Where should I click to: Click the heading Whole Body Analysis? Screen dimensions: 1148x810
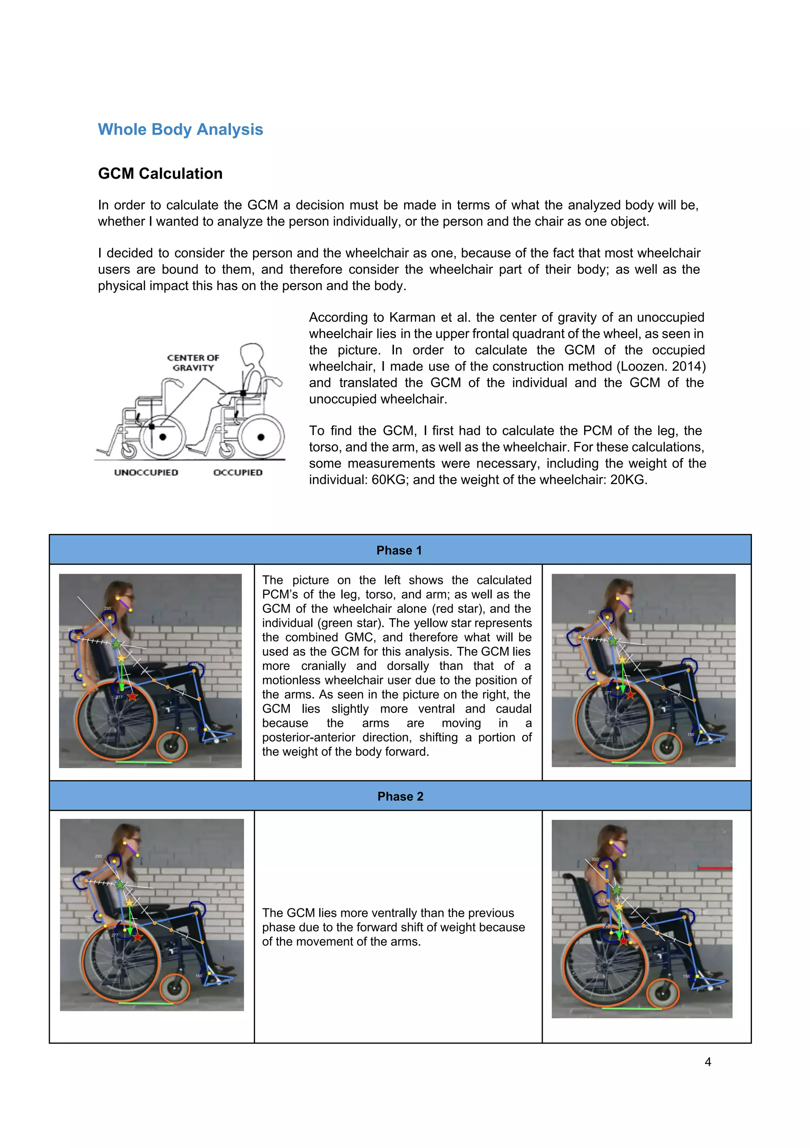click(180, 129)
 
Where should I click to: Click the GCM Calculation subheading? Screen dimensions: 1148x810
click(160, 173)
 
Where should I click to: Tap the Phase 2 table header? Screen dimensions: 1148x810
click(400, 796)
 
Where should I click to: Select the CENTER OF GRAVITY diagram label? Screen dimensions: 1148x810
click(193, 363)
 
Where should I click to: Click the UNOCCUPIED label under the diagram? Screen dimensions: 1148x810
click(146, 473)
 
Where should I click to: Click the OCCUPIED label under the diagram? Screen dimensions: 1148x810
click(238, 473)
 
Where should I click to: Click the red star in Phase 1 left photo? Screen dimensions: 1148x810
click(132, 696)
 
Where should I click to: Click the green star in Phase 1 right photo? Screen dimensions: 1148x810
click(613, 641)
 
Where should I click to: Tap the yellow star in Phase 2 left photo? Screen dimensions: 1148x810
click(129, 903)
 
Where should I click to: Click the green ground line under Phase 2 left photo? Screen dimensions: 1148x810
click(146, 1004)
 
